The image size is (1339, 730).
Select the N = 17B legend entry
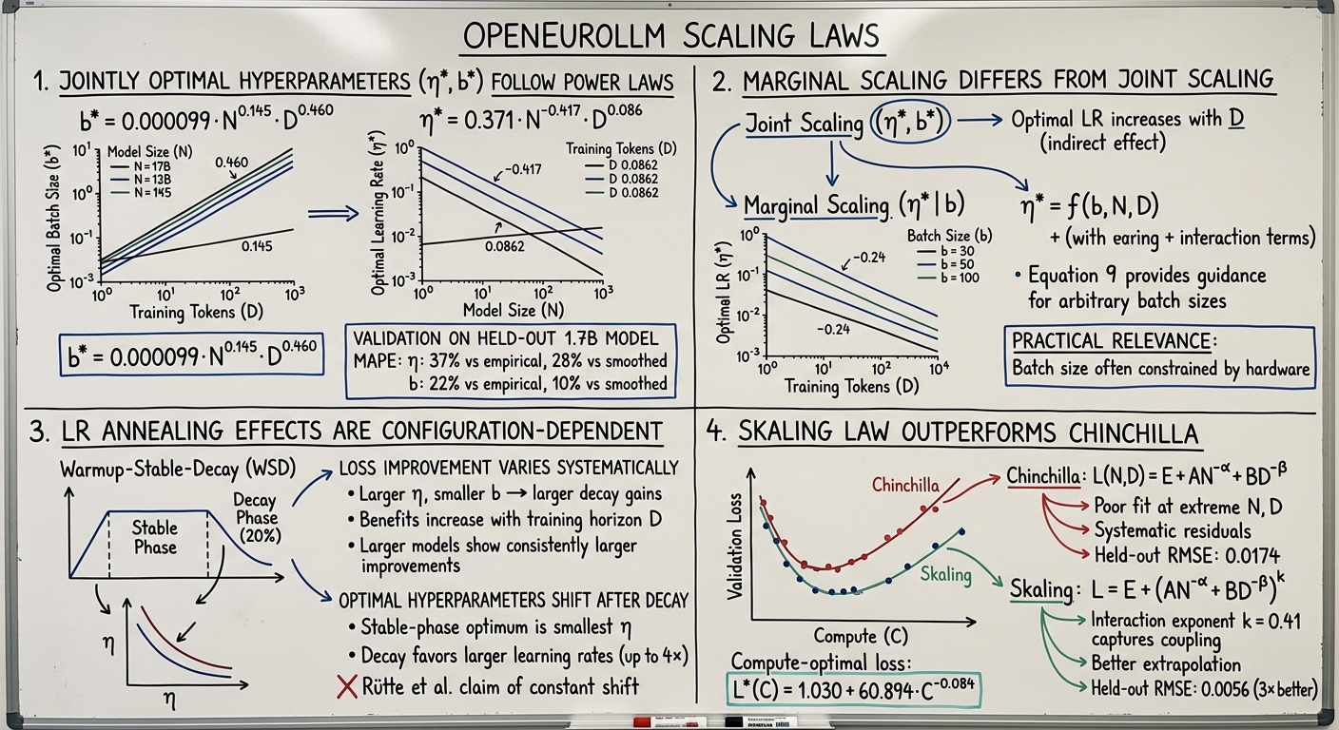click(x=141, y=166)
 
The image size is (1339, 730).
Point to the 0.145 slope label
click(x=257, y=246)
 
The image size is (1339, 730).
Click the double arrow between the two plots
click(x=333, y=214)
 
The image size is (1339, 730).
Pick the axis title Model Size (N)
click(x=514, y=310)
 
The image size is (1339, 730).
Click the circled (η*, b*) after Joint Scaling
click(x=909, y=122)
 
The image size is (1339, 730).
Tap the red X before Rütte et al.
click(x=347, y=687)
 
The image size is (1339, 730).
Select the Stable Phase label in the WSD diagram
click(x=155, y=538)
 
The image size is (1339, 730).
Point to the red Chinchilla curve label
click(x=905, y=485)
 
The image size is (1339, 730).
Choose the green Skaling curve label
click(x=945, y=575)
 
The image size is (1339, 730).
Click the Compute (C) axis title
click(x=861, y=636)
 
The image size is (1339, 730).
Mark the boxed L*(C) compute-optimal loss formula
click(x=854, y=691)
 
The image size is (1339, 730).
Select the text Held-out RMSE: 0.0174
click(x=1187, y=555)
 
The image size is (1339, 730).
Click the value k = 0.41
click(x=1271, y=622)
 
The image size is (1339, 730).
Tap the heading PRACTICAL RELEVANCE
click(x=1113, y=341)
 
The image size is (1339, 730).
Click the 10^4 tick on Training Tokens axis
click(x=939, y=368)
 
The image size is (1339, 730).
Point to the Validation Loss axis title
click(x=734, y=546)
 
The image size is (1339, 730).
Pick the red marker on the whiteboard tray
click(x=669, y=722)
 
